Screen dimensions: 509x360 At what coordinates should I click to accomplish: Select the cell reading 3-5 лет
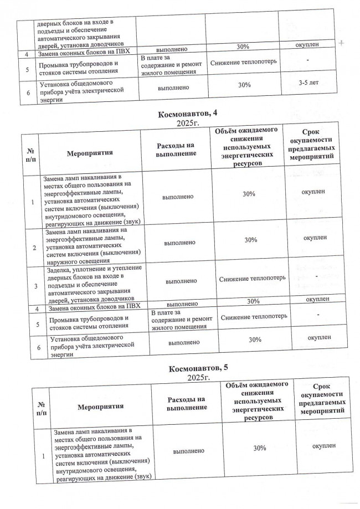[310, 83]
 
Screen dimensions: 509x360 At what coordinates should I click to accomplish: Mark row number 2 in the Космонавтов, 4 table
[34, 248]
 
